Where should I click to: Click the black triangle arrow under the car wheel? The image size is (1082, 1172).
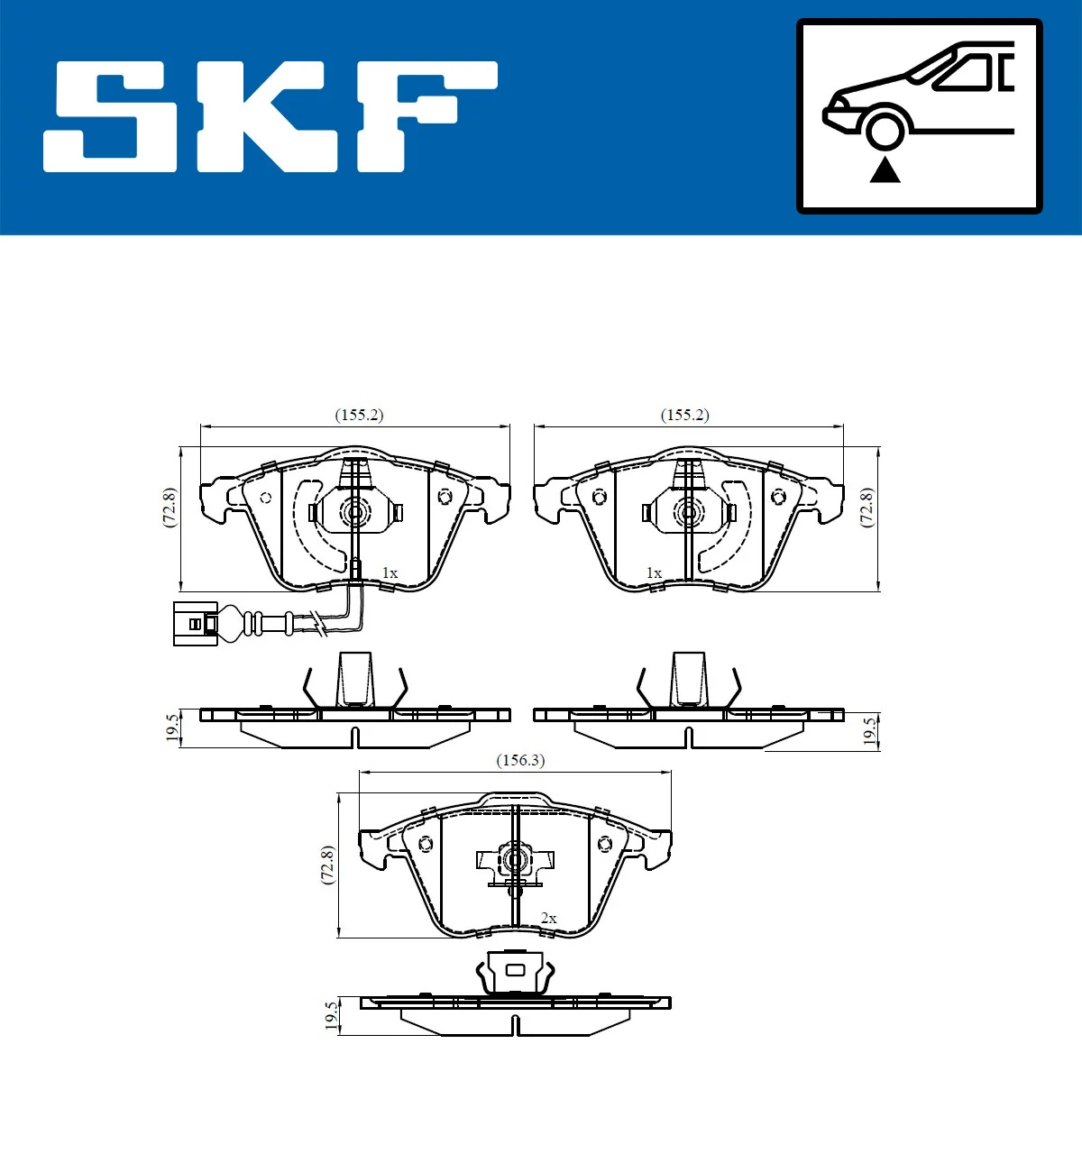point(885,169)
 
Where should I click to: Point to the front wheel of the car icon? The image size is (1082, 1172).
point(885,129)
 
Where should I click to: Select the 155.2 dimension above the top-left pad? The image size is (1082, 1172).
point(359,415)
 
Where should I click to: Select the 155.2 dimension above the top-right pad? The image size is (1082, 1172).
point(684,415)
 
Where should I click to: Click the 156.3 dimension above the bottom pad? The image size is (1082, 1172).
point(520,760)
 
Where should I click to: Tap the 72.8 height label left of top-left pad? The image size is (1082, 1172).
point(170,508)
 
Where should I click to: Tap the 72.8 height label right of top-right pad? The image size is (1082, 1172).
point(867,508)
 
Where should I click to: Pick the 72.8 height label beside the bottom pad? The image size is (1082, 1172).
point(328,865)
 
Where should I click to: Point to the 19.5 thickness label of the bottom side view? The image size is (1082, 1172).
point(332,1015)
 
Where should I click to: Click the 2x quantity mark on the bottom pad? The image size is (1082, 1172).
point(548,919)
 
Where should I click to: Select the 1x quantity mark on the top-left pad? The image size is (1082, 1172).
point(390,573)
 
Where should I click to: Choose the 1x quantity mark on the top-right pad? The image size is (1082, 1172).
point(654,573)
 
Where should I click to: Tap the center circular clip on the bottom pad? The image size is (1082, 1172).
point(515,860)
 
